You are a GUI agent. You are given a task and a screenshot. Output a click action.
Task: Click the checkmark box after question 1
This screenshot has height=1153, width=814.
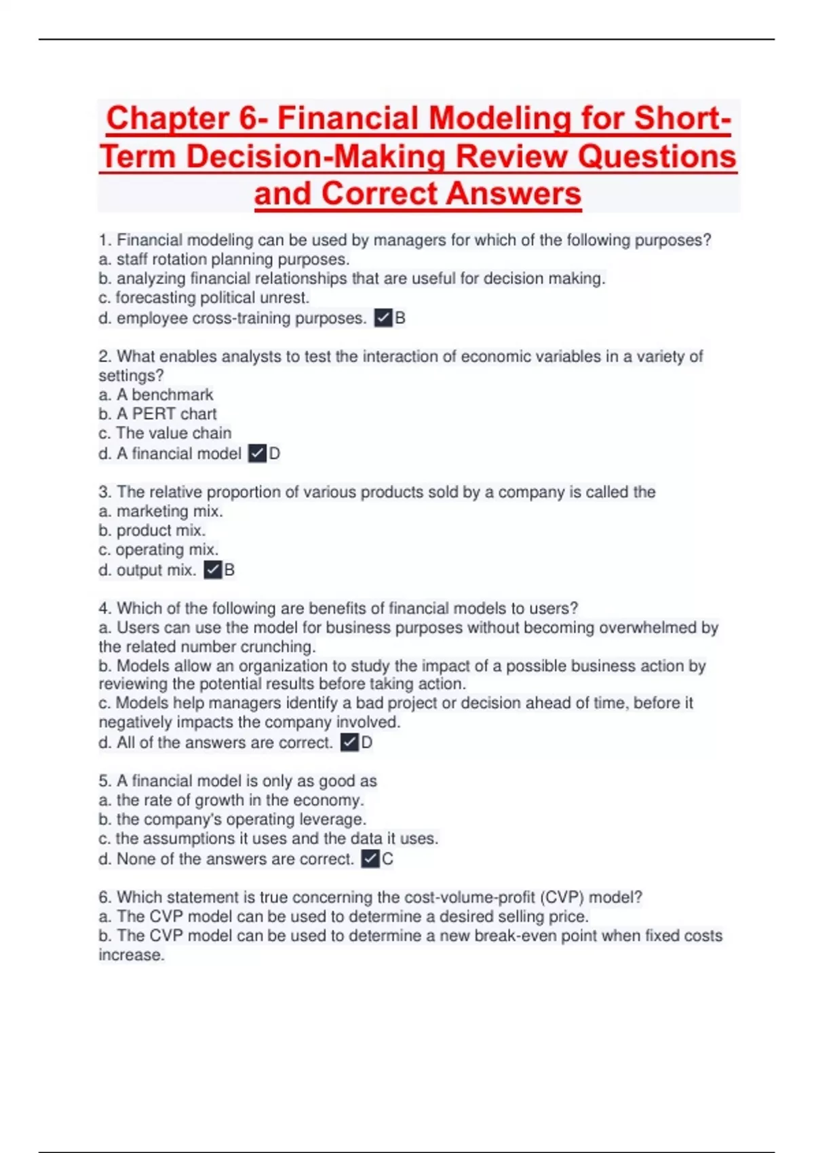tap(383, 317)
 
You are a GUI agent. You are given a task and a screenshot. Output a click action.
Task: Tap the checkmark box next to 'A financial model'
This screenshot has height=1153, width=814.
tap(257, 453)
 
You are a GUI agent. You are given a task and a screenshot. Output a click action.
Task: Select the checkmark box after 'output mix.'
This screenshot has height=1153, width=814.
tap(213, 570)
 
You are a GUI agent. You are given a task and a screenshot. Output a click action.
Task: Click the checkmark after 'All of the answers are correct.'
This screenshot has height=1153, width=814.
tap(349, 742)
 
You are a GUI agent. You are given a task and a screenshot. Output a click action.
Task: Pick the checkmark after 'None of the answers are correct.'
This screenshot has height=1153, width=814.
tap(370, 859)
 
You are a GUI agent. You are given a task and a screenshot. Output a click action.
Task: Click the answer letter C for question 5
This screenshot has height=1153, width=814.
tap(387, 859)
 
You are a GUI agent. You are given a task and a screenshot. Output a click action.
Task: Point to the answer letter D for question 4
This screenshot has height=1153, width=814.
tap(366, 742)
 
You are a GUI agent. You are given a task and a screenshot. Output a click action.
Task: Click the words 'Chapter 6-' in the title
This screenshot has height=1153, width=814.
tap(187, 118)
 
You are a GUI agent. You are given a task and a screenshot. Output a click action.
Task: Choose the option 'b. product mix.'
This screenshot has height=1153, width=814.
tap(152, 530)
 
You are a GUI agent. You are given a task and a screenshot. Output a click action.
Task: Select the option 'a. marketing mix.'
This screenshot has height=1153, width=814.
tap(161, 511)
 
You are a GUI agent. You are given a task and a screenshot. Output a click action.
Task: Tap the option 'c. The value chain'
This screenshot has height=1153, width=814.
tap(165, 433)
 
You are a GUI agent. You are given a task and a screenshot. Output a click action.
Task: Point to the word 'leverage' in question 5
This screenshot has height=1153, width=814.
tap(332, 819)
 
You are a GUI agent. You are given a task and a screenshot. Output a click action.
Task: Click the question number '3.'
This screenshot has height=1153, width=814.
tap(105, 492)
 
